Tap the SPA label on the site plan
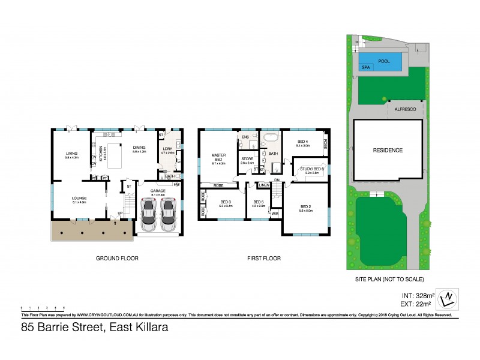pyautogui.click(x=365, y=68)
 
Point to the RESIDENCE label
pyautogui.click(x=388, y=151)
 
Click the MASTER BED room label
pyautogui.click(x=218, y=158)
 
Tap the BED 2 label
pyautogui.click(x=307, y=208)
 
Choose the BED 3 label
pyautogui.click(x=226, y=202)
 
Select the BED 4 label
pyautogui.click(x=303, y=142)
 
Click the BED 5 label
pyautogui.click(x=258, y=202)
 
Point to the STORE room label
pyautogui.click(x=247, y=159)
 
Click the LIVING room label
pyautogui.click(x=72, y=154)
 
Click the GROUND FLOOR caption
pyautogui.click(x=117, y=259)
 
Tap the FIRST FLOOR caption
pyautogui.click(x=263, y=259)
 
